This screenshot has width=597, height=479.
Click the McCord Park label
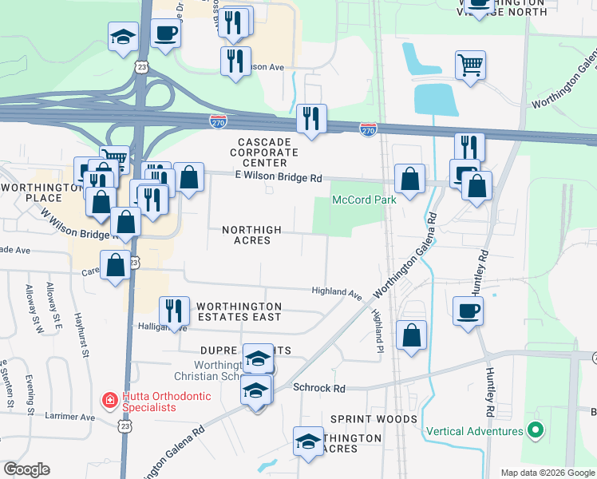(364, 200)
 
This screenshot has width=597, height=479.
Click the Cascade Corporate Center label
(263, 152)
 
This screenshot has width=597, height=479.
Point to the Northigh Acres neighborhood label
(251, 235)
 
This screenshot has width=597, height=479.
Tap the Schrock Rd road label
(318, 388)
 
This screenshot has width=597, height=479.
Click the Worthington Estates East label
(239, 311)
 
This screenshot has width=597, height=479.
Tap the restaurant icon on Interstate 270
(310, 119)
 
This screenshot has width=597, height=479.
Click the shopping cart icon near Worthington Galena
(470, 64)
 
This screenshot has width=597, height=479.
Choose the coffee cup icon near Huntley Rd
(468, 310)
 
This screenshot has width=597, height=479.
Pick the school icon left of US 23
(124, 37)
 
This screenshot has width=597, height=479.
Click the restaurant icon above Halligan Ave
(173, 309)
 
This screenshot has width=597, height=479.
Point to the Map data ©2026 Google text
(548, 473)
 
